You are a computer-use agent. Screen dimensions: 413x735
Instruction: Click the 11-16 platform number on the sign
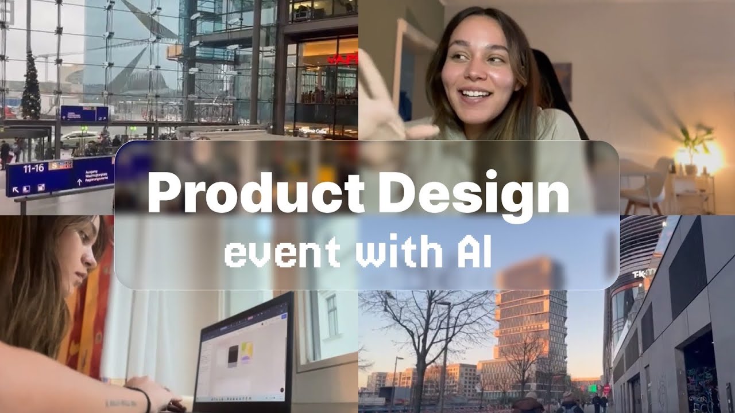tap(33, 168)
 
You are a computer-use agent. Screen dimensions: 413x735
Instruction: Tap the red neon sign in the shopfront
tap(343, 59)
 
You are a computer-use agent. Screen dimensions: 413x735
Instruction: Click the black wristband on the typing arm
tap(145, 398)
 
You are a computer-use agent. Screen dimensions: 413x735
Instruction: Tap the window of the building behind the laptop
tap(332, 315)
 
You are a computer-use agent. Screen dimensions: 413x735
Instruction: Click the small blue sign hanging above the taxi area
tap(84, 114)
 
